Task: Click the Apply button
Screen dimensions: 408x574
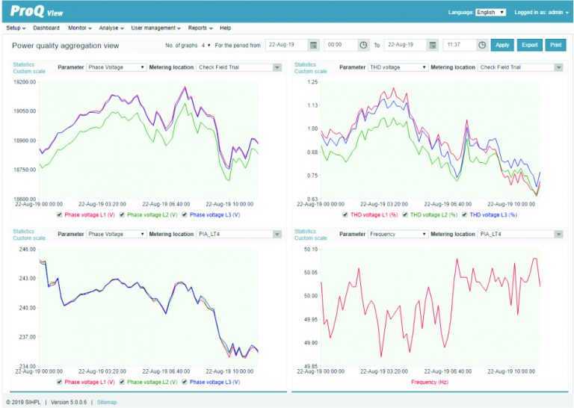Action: click(502, 45)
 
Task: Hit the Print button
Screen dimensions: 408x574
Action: click(555, 45)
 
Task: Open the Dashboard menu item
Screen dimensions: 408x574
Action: click(46, 28)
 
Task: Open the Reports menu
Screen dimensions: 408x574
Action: click(200, 28)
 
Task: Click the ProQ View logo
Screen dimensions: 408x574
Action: click(37, 11)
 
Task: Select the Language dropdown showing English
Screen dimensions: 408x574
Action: click(490, 12)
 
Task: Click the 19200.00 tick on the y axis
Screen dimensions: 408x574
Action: click(25, 81)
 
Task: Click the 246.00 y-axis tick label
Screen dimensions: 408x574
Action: click(27, 249)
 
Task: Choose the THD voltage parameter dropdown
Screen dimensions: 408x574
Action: click(397, 67)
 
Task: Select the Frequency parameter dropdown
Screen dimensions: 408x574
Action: click(397, 234)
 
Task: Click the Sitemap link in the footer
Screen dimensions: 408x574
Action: click(107, 402)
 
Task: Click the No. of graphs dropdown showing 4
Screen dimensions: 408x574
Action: click(206, 45)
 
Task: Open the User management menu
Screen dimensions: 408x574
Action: click(155, 28)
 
